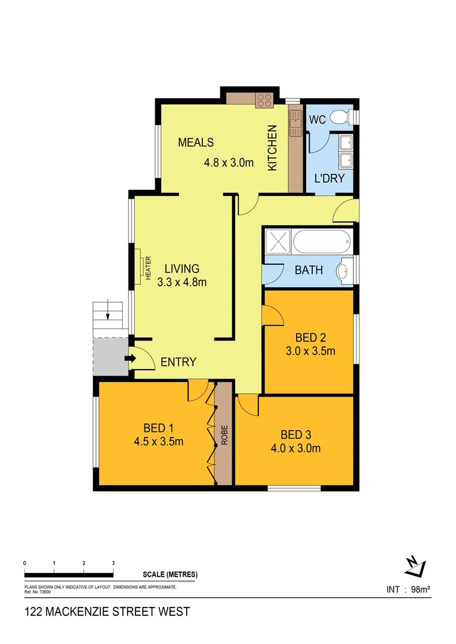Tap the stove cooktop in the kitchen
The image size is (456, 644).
264,100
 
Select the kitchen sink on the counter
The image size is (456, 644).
295,123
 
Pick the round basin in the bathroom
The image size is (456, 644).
344,271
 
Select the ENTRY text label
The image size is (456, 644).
178,362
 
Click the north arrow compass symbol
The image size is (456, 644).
414,566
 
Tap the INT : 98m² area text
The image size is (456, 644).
408,590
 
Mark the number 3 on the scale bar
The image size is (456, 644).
113,563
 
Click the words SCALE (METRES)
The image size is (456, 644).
170,575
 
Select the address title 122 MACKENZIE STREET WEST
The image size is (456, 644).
107,611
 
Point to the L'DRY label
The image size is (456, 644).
329,178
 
